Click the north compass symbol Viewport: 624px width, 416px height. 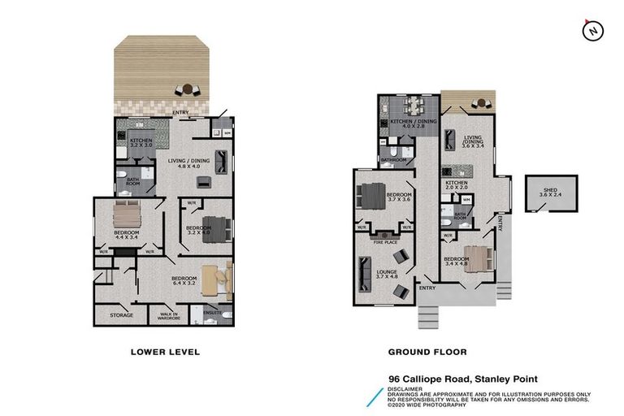594,30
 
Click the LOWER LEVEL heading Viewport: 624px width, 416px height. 165,352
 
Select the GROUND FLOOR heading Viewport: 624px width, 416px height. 427,352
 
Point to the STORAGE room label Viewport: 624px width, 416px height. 110,315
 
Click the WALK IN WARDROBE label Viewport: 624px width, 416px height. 169,315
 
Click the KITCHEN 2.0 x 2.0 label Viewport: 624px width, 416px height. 457,185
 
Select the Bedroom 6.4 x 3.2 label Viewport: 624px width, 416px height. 184,281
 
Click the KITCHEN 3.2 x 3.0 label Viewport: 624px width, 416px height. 141,143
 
